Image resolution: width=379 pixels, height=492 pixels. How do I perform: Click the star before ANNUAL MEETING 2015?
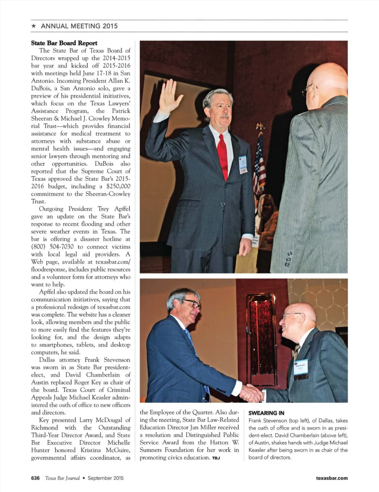tap(34, 26)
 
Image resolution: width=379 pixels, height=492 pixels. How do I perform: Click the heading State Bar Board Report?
tap(64, 43)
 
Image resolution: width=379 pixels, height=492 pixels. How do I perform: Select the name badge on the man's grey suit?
tap(243, 164)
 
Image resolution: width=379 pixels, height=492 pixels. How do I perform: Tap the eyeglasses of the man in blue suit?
tap(192, 304)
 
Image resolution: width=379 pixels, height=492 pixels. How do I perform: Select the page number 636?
tap(35, 478)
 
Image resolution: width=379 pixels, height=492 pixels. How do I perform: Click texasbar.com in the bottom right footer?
tap(332, 478)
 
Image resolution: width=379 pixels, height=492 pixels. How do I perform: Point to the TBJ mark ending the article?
tap(216, 458)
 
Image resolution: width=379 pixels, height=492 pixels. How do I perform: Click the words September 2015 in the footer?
tap(105, 478)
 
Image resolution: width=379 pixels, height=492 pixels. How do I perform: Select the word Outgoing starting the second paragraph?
tap(51, 209)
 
